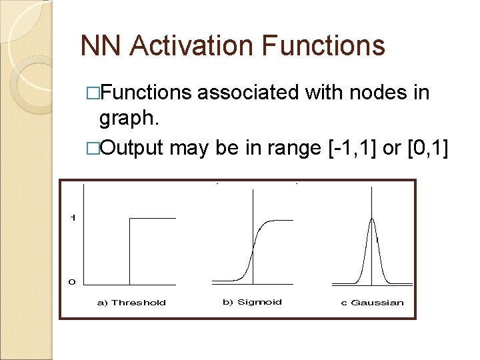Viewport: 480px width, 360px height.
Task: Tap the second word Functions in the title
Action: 323,46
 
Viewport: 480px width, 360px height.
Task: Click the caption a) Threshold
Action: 131,303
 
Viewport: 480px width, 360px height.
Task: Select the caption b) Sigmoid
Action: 252,302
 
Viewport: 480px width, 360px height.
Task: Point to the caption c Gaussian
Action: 372,303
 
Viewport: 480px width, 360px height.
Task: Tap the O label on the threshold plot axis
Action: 72,282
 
